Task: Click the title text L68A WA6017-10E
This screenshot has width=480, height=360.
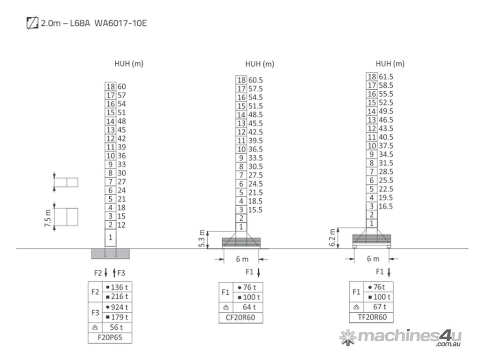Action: click(108, 23)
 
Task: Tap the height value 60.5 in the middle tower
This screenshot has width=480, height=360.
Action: click(255, 80)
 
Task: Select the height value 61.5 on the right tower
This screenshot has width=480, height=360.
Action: click(386, 77)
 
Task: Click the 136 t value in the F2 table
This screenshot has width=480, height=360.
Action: click(119, 287)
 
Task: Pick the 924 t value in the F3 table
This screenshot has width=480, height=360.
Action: click(119, 307)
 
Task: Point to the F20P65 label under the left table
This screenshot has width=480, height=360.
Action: click(110, 337)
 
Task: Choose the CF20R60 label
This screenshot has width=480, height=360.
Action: click(240, 317)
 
